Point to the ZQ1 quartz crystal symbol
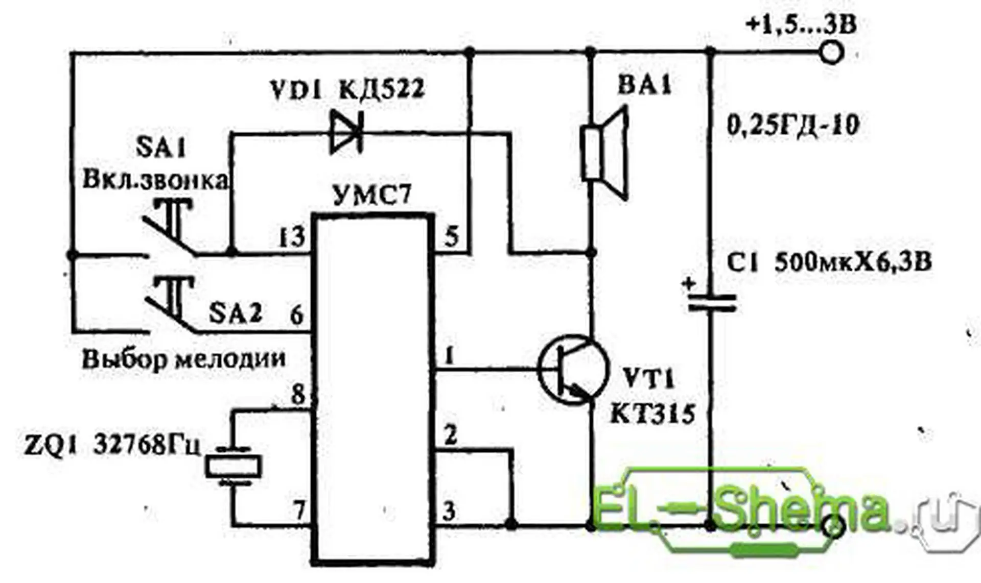coord(233,466)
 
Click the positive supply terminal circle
coord(831,52)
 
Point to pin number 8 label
coord(297,394)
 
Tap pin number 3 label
coord(449,511)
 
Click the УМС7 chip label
coord(371,195)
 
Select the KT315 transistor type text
coord(652,414)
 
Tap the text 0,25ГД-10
coord(792,125)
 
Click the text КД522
coord(381,90)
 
